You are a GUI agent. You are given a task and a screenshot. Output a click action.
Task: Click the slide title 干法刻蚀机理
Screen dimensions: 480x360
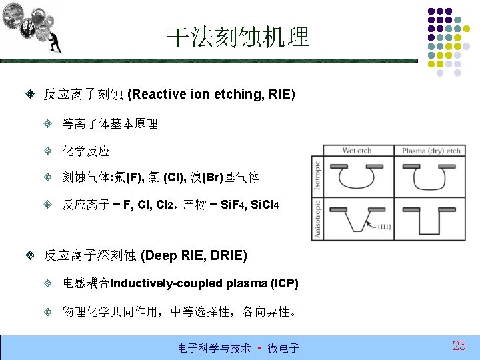(238, 37)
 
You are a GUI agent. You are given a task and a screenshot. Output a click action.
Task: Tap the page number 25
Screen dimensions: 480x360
(459, 345)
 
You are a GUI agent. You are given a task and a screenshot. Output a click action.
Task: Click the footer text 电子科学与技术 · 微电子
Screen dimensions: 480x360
(238, 348)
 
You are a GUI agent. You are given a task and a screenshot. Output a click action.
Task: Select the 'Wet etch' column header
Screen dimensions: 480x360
(357, 151)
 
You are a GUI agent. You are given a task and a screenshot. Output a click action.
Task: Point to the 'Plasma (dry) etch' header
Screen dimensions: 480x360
(431, 151)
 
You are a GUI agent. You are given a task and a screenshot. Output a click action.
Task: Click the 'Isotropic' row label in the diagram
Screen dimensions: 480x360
(317, 175)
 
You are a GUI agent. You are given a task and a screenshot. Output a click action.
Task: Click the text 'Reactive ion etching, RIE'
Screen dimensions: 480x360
(211, 94)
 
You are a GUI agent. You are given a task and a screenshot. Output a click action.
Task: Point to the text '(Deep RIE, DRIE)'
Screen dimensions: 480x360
(194, 255)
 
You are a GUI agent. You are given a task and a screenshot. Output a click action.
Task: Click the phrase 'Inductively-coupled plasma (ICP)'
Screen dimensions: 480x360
(204, 284)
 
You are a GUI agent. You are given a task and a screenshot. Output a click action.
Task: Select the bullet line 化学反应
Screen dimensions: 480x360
(86, 151)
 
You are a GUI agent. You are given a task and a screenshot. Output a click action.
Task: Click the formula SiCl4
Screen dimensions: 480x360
(257, 205)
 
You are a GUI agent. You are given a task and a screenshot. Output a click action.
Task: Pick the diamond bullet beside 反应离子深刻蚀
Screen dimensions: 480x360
(31, 255)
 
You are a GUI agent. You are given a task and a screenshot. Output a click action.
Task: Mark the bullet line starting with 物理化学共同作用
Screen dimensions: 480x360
(180, 311)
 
